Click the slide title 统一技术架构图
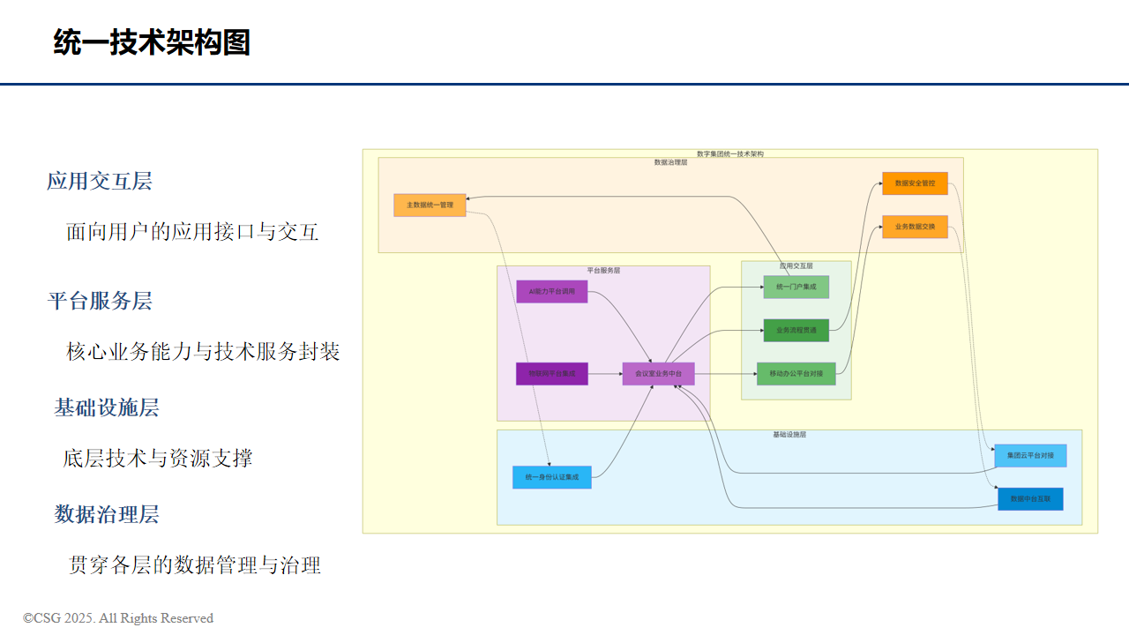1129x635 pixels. pyautogui.click(x=152, y=42)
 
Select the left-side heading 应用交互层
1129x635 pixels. pyautogui.click(x=100, y=182)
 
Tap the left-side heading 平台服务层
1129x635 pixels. pyautogui.click(x=100, y=302)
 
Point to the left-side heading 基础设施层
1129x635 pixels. pyautogui.click(x=107, y=408)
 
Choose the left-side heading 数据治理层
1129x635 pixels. pyautogui.click(x=107, y=515)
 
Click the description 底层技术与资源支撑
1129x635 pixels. pyautogui.click(x=158, y=459)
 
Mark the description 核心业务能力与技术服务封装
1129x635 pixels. pyautogui.click(x=203, y=352)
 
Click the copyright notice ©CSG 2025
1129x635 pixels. pyautogui.click(x=118, y=618)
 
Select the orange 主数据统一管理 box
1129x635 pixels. pyautogui.click(x=430, y=205)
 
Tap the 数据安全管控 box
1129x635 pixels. pyautogui.click(x=915, y=183)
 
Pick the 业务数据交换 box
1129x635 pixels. pyautogui.click(x=915, y=227)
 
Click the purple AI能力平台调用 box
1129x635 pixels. pyautogui.click(x=551, y=291)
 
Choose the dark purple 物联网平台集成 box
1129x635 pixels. pyautogui.click(x=551, y=374)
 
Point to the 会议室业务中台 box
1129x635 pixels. pyautogui.click(x=658, y=374)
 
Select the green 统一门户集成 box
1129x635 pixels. pyautogui.click(x=796, y=287)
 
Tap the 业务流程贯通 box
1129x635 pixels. pyautogui.click(x=796, y=330)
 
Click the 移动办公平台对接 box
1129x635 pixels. pyautogui.click(x=796, y=373)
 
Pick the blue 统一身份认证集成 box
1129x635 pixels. pyautogui.click(x=551, y=477)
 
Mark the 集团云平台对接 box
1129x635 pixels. pyautogui.click(x=1030, y=456)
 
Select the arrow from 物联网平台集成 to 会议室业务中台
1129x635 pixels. pyautogui.click(x=605, y=374)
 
